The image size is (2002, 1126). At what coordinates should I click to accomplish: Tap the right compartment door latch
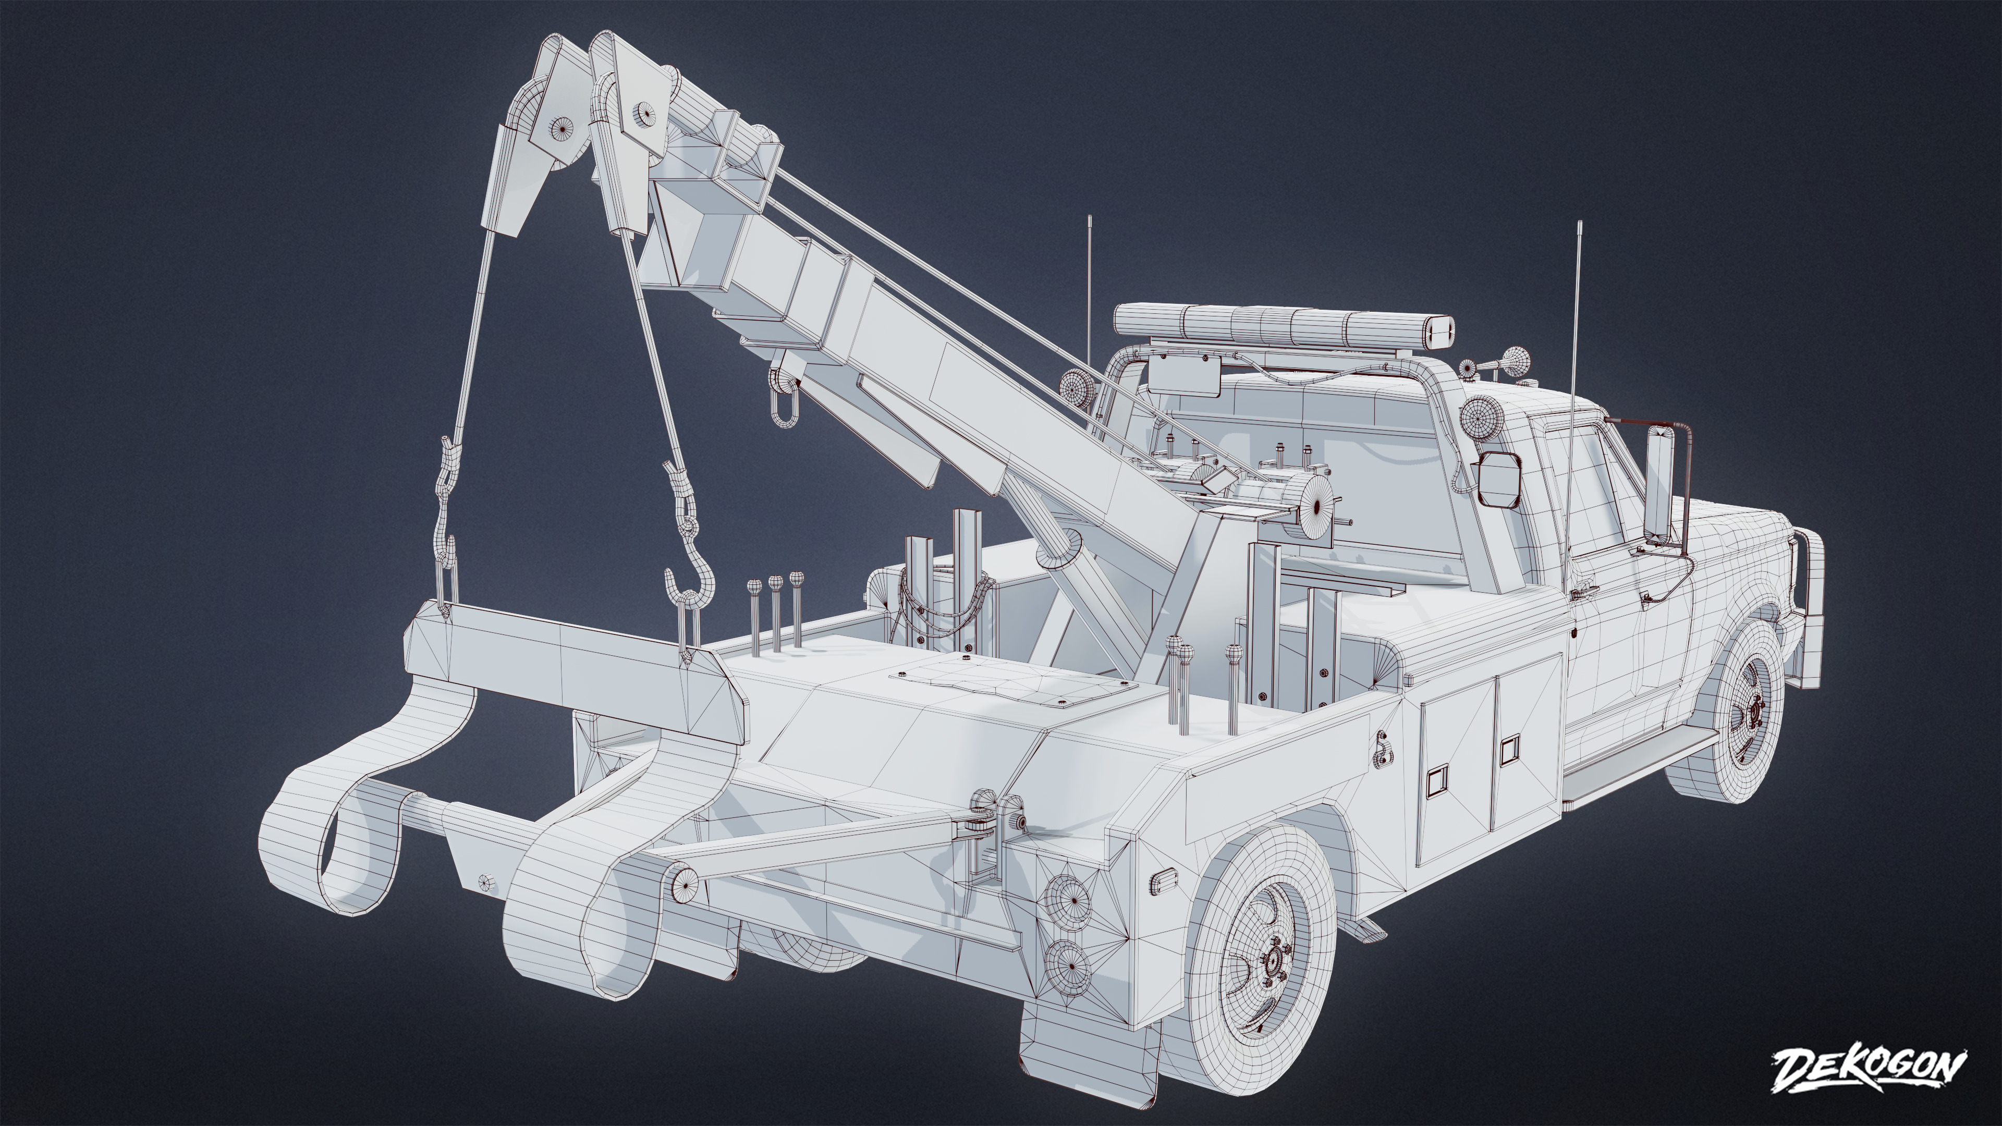click(x=1509, y=751)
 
